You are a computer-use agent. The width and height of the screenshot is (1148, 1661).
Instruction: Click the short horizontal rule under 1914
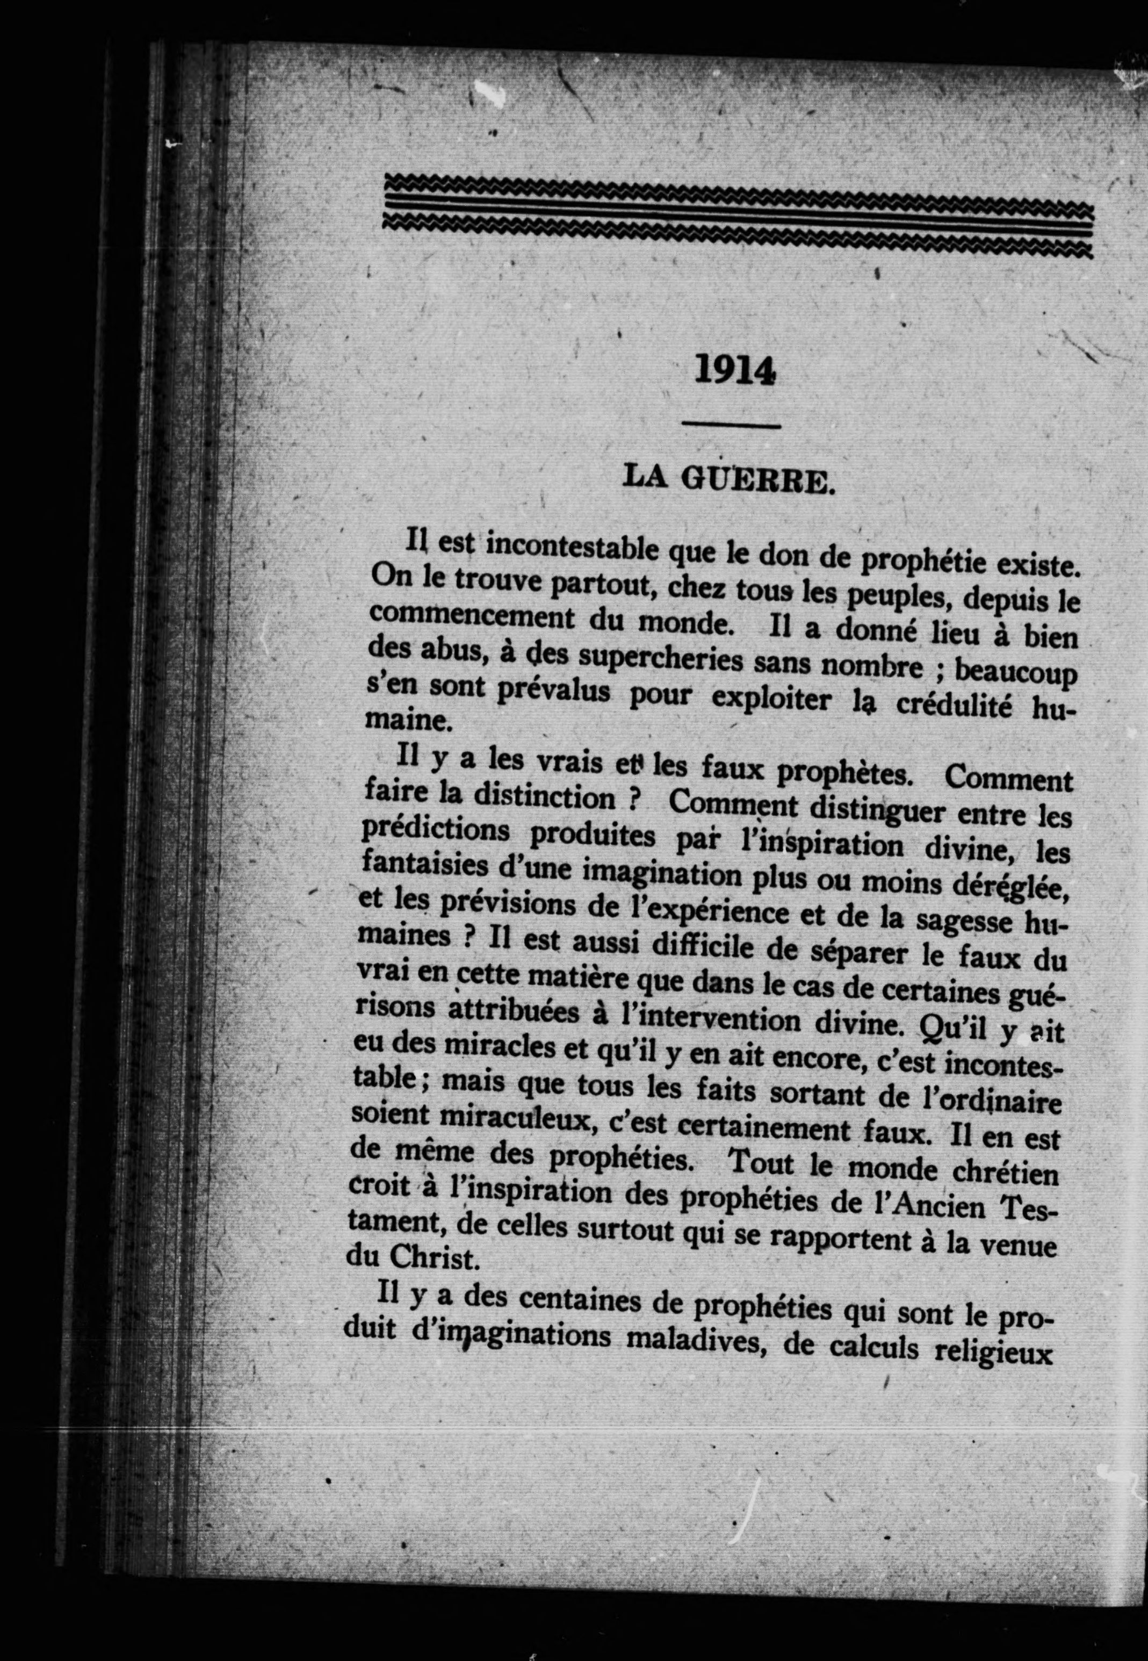[731, 427]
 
